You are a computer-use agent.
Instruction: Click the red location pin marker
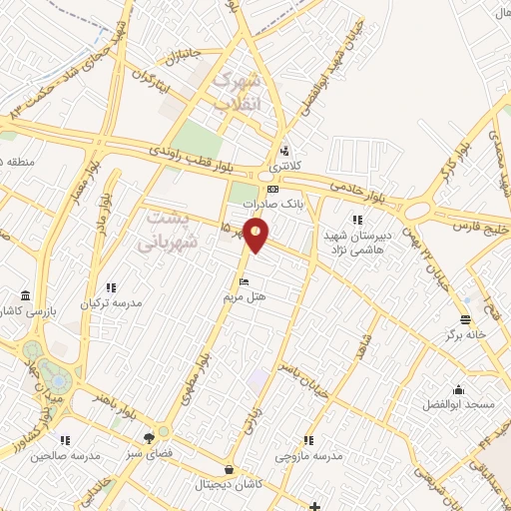click(256, 234)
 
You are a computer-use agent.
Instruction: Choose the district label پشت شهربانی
click(164, 228)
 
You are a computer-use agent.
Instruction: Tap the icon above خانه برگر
click(465, 319)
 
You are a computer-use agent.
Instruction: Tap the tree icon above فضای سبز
click(150, 437)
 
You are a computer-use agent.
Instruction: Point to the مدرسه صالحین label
click(65, 455)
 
